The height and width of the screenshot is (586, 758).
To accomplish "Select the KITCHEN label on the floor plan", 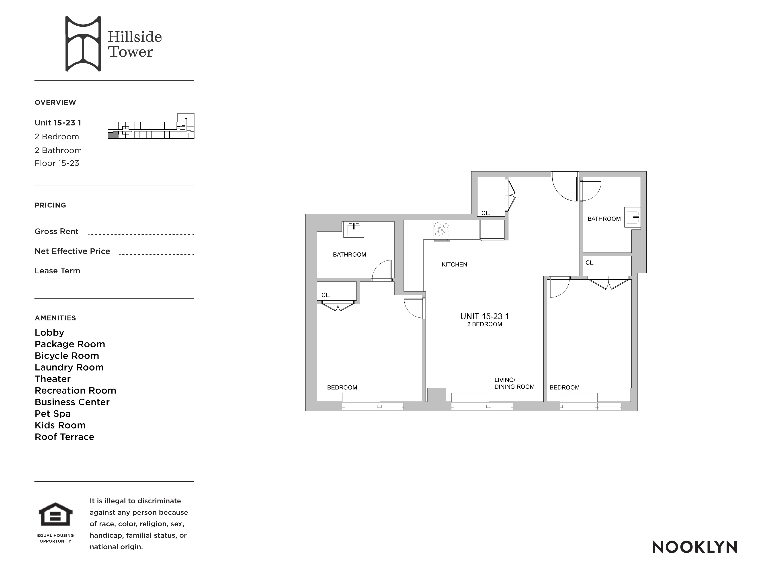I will tap(454, 264).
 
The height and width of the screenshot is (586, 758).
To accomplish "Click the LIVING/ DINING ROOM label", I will tap(514, 383).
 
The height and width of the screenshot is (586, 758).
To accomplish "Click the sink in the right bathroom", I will tap(632, 217).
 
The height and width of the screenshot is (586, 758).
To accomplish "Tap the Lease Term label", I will tap(57, 270).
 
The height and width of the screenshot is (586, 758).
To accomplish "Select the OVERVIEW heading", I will tap(55, 102).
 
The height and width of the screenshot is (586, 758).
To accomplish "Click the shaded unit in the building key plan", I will tap(113, 135).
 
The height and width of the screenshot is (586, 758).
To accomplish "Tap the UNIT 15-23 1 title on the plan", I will tap(484, 316).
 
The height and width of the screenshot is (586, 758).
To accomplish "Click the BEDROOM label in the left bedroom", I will tap(342, 387).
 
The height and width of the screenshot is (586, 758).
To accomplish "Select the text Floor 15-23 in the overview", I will tap(57, 163).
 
